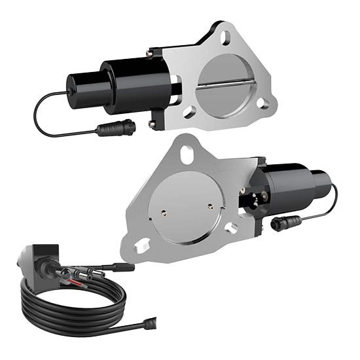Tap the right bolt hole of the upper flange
click(262, 102)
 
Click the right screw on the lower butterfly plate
click(211, 203)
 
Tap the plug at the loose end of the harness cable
click(150, 321)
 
